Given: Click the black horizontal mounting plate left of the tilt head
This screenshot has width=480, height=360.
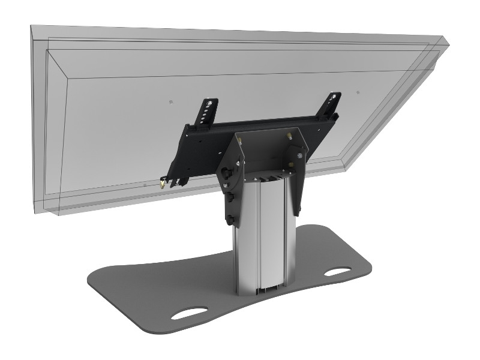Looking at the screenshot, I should pyautogui.click(x=198, y=144).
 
